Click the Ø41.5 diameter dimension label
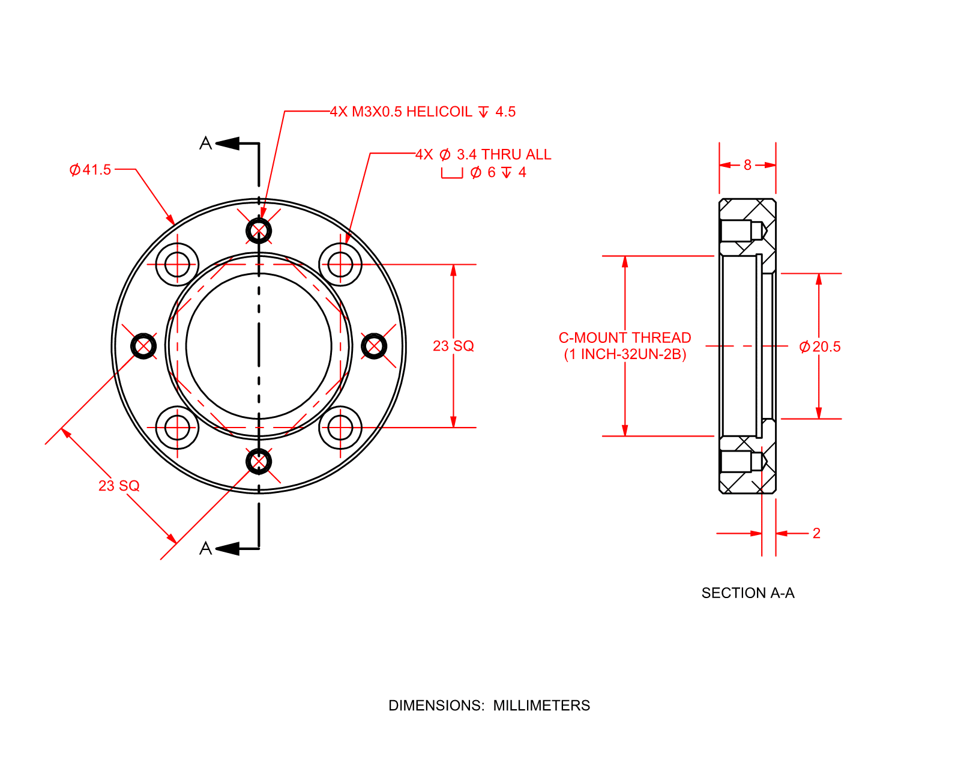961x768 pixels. pyautogui.click(x=90, y=170)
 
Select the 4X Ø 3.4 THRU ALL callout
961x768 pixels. pyautogui.click(x=483, y=154)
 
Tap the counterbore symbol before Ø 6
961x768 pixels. pyautogui.click(x=452, y=174)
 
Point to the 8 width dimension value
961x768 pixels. pyautogui.click(x=747, y=165)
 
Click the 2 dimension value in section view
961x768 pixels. pyautogui.click(x=816, y=533)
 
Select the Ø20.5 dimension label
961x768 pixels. pyautogui.click(x=820, y=346)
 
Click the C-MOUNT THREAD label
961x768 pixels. pyautogui.click(x=625, y=337)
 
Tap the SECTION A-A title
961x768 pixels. pyautogui.click(x=748, y=593)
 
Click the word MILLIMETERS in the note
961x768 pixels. pyautogui.click(x=541, y=706)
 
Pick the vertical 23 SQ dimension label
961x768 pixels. pyautogui.click(x=453, y=346)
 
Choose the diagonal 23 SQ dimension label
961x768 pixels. pyautogui.click(x=119, y=486)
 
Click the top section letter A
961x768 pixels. pyautogui.click(x=205, y=144)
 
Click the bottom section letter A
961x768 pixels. pyautogui.click(x=205, y=548)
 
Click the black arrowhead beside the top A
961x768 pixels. pyautogui.click(x=227, y=144)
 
